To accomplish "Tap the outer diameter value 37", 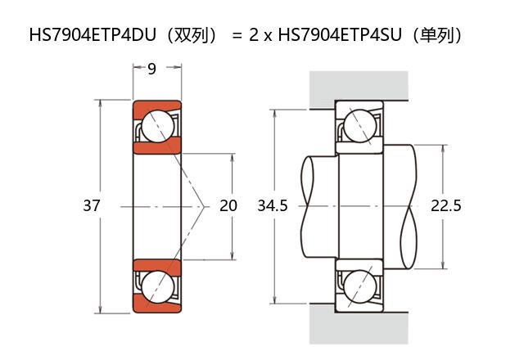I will [x=91, y=206].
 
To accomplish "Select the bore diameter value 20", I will [x=228, y=206].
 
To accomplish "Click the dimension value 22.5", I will [x=446, y=206].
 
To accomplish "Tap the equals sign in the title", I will [x=237, y=35].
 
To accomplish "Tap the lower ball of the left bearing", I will [x=156, y=286].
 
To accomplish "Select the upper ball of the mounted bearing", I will [x=359, y=126].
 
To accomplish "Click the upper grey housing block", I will [x=359, y=88].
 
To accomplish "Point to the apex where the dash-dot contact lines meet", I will [x=202, y=206].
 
